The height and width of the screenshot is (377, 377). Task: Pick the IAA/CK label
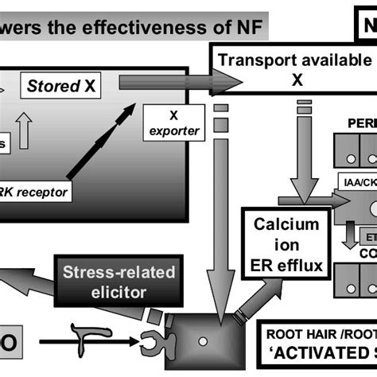(x=359, y=182)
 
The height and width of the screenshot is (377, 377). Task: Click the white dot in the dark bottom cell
(x=204, y=348)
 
